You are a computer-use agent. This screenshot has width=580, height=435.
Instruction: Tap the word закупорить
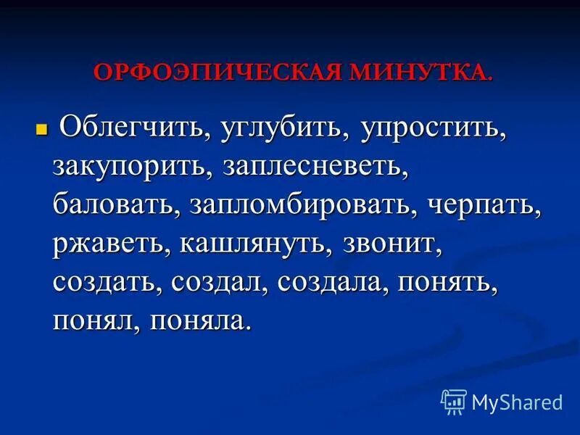pos(127,170)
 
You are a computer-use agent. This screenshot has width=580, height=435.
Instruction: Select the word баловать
pos(114,208)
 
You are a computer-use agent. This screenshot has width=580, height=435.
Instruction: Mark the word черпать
pos(484,208)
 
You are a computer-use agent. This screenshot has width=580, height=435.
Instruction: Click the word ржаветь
pos(107,246)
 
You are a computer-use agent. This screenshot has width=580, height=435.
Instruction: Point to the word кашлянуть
pos(248,246)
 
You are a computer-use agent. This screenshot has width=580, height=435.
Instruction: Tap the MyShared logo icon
pos(455,401)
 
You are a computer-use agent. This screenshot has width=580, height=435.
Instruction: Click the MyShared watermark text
pos(517,402)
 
